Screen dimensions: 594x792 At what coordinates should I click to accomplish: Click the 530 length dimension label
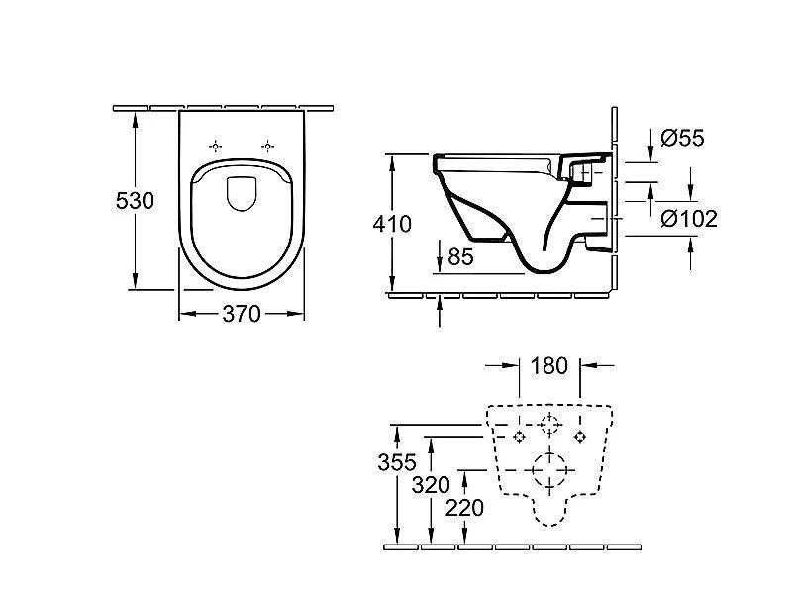pos(135,201)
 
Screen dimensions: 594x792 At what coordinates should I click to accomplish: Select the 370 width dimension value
pos(241,314)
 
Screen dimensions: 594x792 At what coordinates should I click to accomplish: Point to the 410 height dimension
pos(392,225)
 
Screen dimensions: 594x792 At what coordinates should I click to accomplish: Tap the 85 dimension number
pos(460,256)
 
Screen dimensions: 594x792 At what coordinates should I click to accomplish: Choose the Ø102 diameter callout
pos(689,218)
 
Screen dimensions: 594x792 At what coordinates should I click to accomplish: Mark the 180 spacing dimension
pos(548,366)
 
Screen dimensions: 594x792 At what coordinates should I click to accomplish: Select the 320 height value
pos(432,486)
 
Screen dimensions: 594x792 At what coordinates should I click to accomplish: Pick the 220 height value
pos(464,508)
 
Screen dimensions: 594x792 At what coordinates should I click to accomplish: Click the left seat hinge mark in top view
pos(219,147)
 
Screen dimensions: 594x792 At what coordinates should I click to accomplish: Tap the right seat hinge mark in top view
pos(266,147)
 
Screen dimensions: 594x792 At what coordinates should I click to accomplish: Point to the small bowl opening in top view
pos(242,192)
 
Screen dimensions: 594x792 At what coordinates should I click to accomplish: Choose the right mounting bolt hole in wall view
pos(580,436)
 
